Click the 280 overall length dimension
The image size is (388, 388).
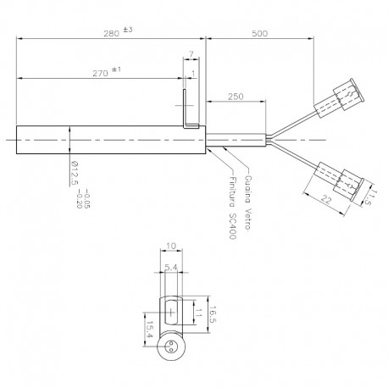click(111, 34)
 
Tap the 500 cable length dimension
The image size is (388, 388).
click(259, 34)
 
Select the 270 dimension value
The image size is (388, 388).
click(101, 74)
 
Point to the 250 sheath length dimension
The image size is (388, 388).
click(236, 97)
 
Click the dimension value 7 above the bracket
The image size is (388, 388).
click(191, 54)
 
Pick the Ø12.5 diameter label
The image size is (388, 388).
click(74, 173)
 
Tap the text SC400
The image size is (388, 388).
click(232, 225)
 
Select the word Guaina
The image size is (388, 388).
click(248, 189)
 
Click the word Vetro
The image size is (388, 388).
click(248, 219)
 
